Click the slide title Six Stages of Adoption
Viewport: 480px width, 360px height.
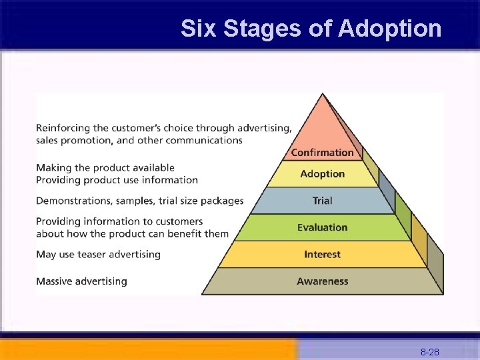click(x=311, y=29)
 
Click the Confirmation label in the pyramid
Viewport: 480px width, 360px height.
click(x=323, y=153)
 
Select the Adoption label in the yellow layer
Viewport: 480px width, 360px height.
click(x=323, y=174)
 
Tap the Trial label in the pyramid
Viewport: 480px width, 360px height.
click(x=323, y=201)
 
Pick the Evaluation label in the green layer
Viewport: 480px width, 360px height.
click(x=323, y=227)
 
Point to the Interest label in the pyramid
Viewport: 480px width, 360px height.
click(x=323, y=255)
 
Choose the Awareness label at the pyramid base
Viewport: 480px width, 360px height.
click(x=323, y=281)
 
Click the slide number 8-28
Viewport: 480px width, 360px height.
click(x=429, y=352)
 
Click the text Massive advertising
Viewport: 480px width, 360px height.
click(x=81, y=281)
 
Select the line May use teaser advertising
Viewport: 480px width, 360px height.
click(x=98, y=254)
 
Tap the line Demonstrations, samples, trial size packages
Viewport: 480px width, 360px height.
click(x=139, y=201)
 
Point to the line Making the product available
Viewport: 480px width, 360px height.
click(x=105, y=167)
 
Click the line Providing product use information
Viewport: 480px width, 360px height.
click(x=117, y=180)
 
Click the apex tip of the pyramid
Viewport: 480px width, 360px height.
click(x=323, y=95)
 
